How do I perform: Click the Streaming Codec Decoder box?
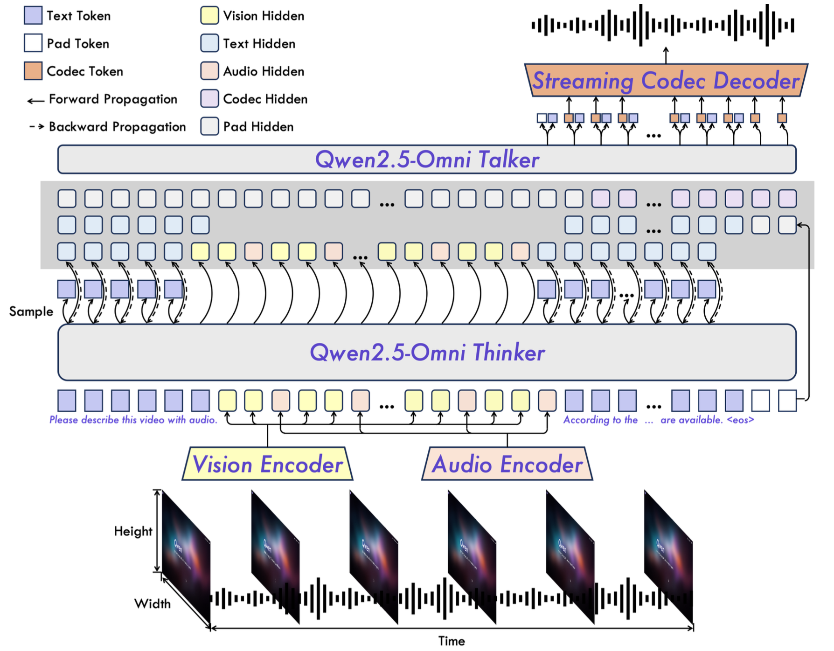(x=666, y=80)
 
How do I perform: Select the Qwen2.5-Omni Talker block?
(x=426, y=159)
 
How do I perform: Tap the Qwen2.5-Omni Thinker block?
(x=426, y=352)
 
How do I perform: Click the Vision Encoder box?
(x=267, y=464)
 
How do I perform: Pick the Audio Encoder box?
(x=507, y=464)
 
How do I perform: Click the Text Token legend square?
(x=33, y=15)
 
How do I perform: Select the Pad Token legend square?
(x=33, y=43)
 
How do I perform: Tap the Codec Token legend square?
(x=33, y=71)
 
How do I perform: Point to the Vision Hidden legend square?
(x=209, y=15)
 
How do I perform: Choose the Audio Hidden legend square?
(x=209, y=71)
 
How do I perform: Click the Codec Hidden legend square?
(x=209, y=98)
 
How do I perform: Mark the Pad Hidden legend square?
(x=209, y=126)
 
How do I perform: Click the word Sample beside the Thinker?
(x=31, y=312)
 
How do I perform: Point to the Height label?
(x=133, y=531)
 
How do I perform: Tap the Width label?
(x=153, y=603)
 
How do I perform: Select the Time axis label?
(x=451, y=641)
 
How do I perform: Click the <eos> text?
(x=740, y=420)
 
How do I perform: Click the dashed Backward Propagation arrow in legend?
(x=36, y=126)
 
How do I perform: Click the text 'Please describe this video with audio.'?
(x=133, y=420)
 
